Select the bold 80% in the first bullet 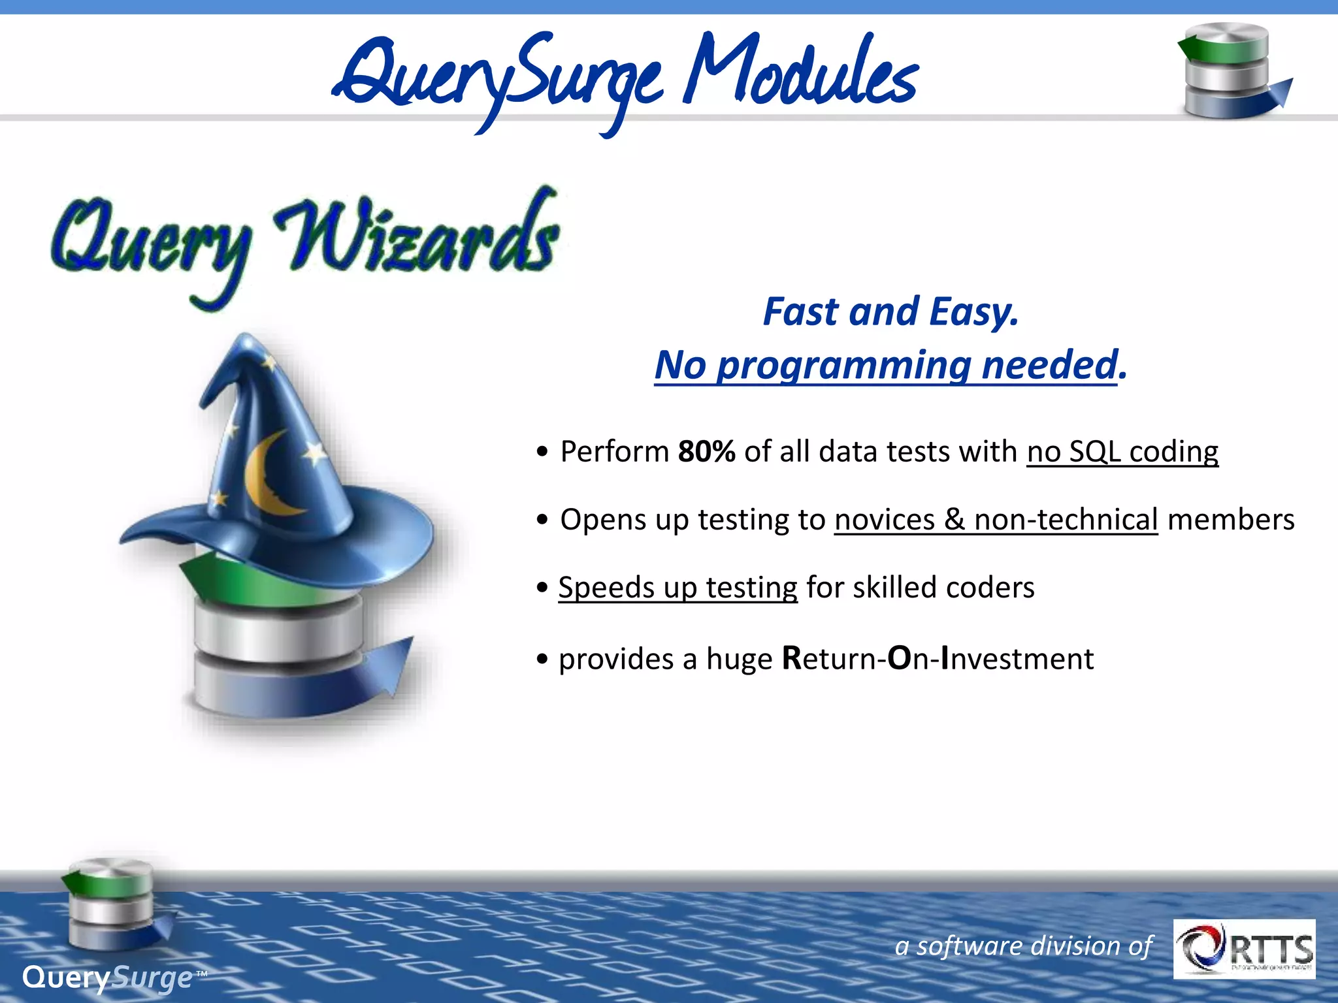pos(706,452)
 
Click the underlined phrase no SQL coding pos(1122,452)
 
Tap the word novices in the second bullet pos(884,520)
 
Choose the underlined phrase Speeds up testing pos(677,588)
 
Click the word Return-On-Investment pos(938,658)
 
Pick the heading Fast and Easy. pos(890,311)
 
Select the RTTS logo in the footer pos(1244,949)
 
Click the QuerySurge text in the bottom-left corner pos(108,978)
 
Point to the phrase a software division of pos(1023,946)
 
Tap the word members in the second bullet pos(1230,520)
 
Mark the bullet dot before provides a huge pos(542,660)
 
